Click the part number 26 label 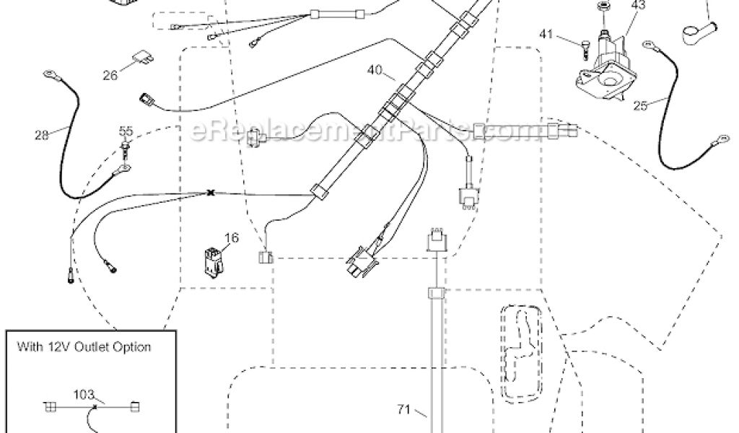pyautogui.click(x=110, y=74)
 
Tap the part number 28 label pyautogui.click(x=42, y=134)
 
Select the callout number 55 pyautogui.click(x=126, y=131)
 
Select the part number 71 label pyautogui.click(x=403, y=410)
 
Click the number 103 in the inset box pyautogui.click(x=85, y=395)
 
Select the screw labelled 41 pyautogui.click(x=585, y=48)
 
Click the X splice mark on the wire pyautogui.click(x=211, y=193)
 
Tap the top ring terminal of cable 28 pyautogui.click(x=51, y=73)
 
